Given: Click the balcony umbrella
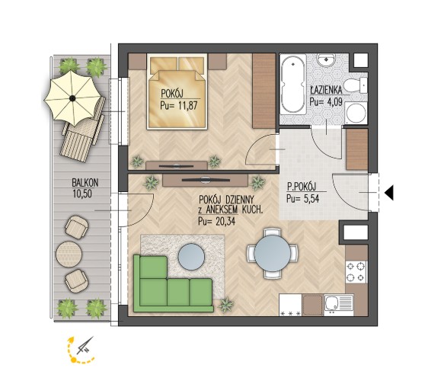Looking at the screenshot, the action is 72,98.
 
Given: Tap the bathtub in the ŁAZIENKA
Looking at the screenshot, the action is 293,85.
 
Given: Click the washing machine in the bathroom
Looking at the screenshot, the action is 356,114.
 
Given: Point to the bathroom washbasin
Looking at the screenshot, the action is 326,59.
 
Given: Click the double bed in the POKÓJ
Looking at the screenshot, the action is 177,91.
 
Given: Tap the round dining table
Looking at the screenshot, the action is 273,254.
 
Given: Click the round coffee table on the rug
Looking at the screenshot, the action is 191,256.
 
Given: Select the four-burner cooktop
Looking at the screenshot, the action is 356,272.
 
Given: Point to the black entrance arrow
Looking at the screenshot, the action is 389,193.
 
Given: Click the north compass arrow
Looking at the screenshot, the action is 85,346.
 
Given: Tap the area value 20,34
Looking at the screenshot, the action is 225,221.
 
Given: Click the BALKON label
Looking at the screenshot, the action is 85,182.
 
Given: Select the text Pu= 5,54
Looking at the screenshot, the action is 302,199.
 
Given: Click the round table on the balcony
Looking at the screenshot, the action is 69,254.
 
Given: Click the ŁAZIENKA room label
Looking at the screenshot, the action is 326,89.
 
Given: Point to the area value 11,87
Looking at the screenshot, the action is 187,105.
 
